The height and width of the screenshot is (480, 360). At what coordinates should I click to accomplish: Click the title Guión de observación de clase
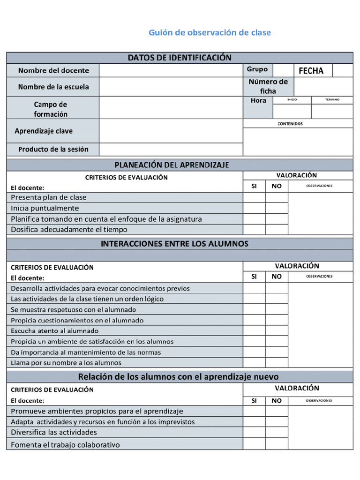[x=210, y=32]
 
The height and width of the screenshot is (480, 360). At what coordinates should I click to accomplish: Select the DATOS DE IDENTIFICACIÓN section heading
[x=180, y=58]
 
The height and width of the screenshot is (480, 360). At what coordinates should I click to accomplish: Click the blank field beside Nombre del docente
[x=171, y=70]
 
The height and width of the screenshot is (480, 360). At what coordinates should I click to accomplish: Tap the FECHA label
[x=311, y=71]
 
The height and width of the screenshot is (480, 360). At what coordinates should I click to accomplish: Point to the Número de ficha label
[x=268, y=86]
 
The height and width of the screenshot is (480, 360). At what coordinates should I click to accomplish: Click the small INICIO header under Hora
[x=292, y=100]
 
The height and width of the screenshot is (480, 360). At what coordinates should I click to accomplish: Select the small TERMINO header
[x=332, y=100]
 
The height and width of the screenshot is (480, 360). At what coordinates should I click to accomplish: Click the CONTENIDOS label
[x=290, y=124]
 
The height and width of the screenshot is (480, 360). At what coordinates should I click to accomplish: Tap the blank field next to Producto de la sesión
[x=171, y=150]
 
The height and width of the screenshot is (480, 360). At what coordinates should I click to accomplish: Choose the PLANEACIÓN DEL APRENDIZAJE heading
[x=172, y=165]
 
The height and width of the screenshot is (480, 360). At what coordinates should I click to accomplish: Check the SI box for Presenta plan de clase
[x=254, y=197]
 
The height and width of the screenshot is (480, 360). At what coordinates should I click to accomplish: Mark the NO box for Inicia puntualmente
[x=277, y=208]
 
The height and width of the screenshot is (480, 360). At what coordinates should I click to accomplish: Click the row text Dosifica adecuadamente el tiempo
[x=69, y=230]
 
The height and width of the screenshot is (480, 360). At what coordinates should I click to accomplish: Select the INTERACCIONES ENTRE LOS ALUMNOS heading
[x=174, y=244]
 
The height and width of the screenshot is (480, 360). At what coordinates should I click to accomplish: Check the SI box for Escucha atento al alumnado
[x=254, y=330]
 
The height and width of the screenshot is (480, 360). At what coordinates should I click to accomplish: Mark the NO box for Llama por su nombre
[x=277, y=362]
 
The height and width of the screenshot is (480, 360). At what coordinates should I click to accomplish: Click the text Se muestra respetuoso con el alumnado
[x=74, y=309]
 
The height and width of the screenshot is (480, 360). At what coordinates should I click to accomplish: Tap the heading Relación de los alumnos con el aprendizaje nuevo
[x=178, y=376]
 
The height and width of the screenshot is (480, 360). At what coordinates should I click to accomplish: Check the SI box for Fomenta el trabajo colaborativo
[x=254, y=444]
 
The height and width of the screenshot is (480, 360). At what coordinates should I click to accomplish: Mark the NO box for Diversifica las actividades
[x=277, y=432]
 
